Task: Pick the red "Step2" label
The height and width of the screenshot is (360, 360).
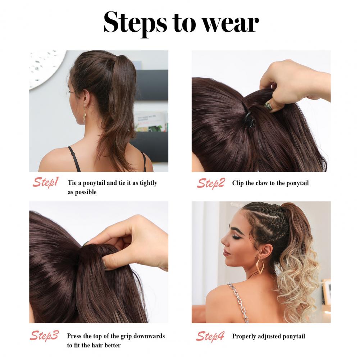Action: [x=211, y=183]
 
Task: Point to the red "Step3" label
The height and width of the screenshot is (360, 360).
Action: [x=44, y=336]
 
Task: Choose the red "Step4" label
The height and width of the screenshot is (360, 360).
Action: [x=210, y=336]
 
